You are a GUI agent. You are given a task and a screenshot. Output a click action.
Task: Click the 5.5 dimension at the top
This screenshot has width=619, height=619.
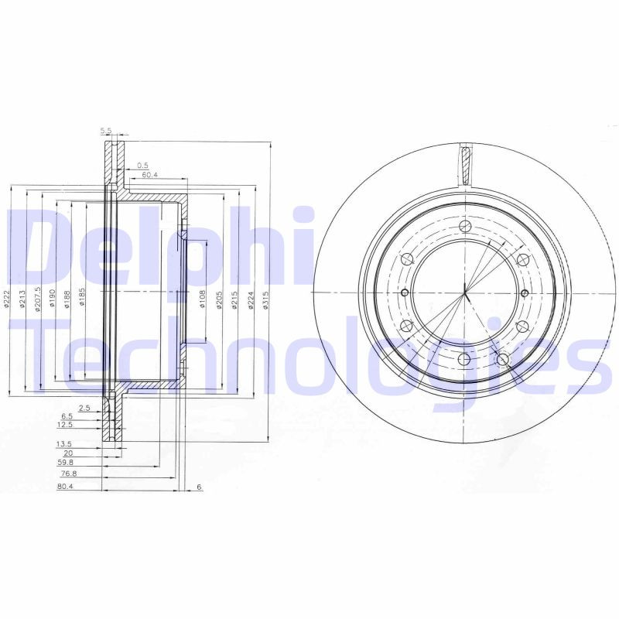106,129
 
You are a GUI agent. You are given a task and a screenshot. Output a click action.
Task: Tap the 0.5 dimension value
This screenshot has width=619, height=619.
142,165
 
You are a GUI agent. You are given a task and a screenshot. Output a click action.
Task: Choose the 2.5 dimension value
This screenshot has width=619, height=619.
85,407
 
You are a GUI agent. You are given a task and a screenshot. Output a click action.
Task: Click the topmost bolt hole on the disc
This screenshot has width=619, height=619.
464,227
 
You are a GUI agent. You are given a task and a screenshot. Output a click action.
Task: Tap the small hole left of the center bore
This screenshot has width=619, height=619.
405,292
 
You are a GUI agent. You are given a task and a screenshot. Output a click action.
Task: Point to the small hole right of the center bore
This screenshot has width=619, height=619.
525,292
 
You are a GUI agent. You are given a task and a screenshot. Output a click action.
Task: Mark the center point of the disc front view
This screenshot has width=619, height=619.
465,292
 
